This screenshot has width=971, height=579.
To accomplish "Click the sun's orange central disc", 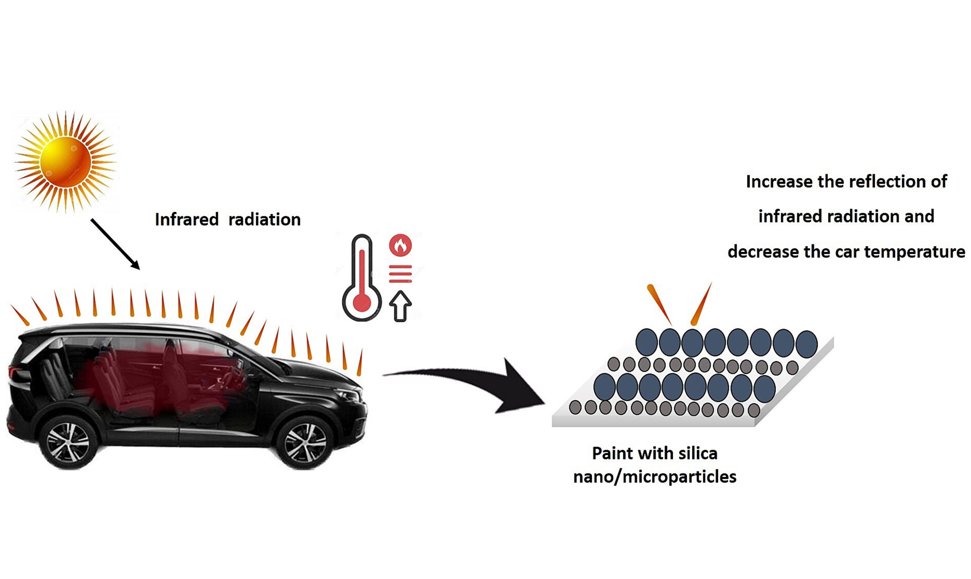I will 65,162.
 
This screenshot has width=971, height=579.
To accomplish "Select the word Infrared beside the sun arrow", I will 187,219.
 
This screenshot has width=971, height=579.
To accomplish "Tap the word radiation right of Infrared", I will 265,219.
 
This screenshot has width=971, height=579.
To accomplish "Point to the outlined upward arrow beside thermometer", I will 400,306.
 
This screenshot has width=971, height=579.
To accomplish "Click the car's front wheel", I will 305,442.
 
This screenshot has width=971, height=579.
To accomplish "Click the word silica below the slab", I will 698,453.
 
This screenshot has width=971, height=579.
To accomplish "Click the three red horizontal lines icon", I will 400,274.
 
